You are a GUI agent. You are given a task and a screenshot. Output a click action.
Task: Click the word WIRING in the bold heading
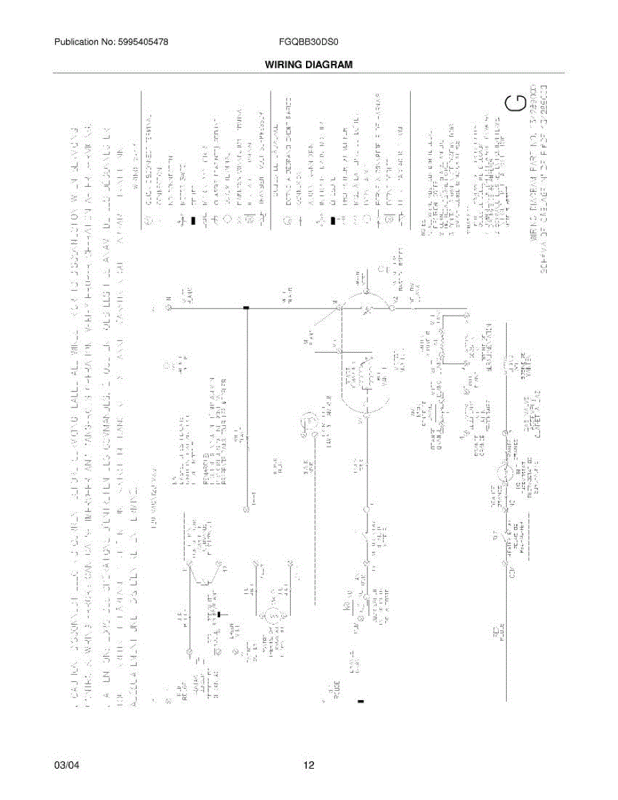click(x=285, y=65)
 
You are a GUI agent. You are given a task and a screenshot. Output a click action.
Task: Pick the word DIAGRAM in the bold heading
click(x=329, y=65)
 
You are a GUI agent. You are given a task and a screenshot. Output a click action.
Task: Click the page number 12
click(x=309, y=765)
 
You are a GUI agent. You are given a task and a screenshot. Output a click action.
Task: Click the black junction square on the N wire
click(x=247, y=308)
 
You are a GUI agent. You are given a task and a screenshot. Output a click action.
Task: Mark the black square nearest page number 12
click(x=361, y=701)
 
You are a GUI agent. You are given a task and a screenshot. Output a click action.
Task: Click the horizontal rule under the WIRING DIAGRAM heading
click(x=309, y=73)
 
